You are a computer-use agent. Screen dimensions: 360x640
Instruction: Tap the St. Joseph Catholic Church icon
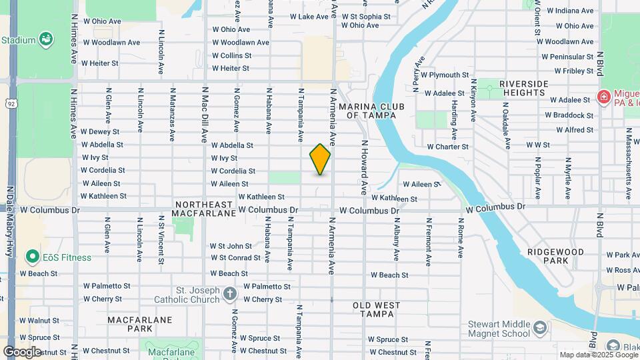click(229, 294)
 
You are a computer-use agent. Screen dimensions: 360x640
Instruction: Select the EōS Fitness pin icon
click(31, 257)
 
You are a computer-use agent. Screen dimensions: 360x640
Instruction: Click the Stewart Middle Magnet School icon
click(539, 328)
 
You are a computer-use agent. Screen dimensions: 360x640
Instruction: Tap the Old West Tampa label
click(377, 310)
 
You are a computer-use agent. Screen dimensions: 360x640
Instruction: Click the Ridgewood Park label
click(555, 257)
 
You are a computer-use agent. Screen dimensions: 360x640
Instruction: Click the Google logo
click(22, 352)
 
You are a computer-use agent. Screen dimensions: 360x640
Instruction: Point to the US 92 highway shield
click(11, 103)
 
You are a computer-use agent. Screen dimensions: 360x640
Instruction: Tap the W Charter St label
click(448, 146)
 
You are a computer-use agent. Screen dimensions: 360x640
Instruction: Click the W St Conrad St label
click(235, 257)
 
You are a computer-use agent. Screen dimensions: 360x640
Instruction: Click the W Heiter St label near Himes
click(99, 63)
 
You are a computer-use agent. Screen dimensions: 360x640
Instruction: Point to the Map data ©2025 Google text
click(598, 355)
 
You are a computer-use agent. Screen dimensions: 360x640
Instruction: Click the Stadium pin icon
click(45, 39)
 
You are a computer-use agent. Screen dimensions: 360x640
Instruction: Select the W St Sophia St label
click(366, 16)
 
